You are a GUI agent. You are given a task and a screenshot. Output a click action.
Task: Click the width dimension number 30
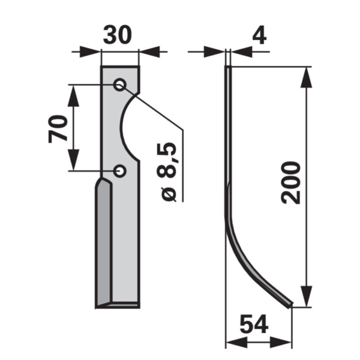118,35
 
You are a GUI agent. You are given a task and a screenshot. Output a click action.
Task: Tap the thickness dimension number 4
259,36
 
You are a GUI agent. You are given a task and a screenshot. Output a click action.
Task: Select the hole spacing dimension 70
58,129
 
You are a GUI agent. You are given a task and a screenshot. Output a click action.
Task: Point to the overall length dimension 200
290,182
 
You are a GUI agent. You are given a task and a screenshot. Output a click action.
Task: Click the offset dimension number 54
254,324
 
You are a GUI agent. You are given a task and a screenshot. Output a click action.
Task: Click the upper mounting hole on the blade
120,85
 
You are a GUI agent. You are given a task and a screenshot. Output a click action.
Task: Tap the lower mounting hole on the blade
120,171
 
